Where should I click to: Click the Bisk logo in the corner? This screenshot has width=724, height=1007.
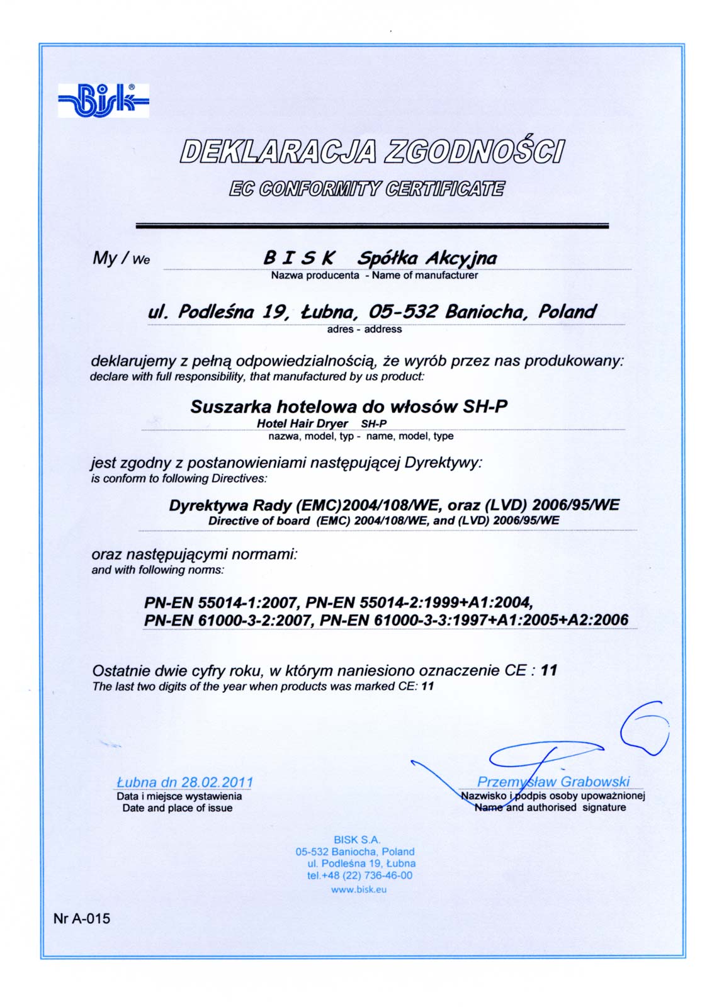coord(103,100)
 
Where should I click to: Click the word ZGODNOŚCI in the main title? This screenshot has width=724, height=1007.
coord(475,152)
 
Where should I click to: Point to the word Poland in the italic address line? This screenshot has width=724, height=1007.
coord(567,312)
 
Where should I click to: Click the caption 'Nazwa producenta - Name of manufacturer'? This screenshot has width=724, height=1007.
coord(374,275)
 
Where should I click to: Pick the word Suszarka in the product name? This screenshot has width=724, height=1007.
coord(230,407)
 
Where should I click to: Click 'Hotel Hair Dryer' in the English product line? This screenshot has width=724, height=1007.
coord(302,424)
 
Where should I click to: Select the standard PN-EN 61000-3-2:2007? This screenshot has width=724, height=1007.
coord(227,620)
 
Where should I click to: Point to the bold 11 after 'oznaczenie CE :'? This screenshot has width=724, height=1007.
coord(549,670)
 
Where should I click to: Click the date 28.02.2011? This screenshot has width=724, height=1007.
coord(217,782)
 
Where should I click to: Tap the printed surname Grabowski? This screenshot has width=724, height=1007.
coord(594,782)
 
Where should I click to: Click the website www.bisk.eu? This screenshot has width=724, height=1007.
coord(359,889)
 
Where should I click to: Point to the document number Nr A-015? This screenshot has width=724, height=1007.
coord(82,918)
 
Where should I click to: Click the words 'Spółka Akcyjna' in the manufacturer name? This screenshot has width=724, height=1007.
coord(427,258)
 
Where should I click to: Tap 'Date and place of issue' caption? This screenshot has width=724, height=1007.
coord(178,808)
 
